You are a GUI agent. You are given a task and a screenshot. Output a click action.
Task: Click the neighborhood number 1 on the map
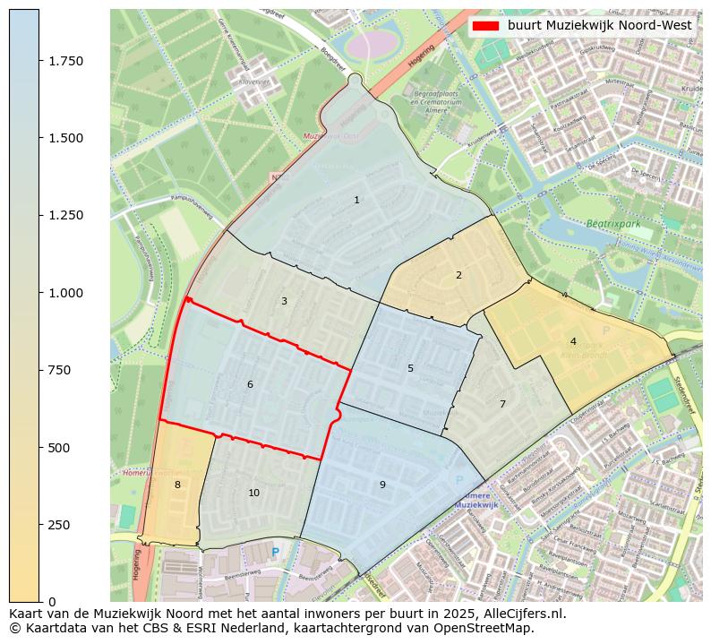pyautogui.click(x=356, y=200)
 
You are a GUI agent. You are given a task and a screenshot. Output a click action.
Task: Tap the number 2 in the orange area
pyautogui.click(x=458, y=275)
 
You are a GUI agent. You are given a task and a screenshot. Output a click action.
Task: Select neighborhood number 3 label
pyautogui.click(x=284, y=301)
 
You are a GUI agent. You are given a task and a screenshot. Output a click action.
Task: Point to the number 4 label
pyautogui.click(x=573, y=341)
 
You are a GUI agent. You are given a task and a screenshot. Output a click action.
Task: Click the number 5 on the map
pyautogui.click(x=410, y=368)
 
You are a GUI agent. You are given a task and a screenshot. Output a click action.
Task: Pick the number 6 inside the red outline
pyautogui.click(x=250, y=384)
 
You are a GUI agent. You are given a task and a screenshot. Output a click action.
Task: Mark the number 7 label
pyautogui.click(x=502, y=404)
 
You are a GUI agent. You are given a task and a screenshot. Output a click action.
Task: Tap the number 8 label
pyautogui.click(x=177, y=485)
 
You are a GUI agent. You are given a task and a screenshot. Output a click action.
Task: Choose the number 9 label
pyautogui.click(x=382, y=485)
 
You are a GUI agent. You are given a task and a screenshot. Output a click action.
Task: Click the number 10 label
pyautogui.click(x=254, y=493)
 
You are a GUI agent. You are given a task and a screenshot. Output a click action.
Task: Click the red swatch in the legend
pyautogui.click(x=486, y=25)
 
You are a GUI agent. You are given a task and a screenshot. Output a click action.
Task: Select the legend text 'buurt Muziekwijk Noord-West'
pyautogui.click(x=599, y=25)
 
